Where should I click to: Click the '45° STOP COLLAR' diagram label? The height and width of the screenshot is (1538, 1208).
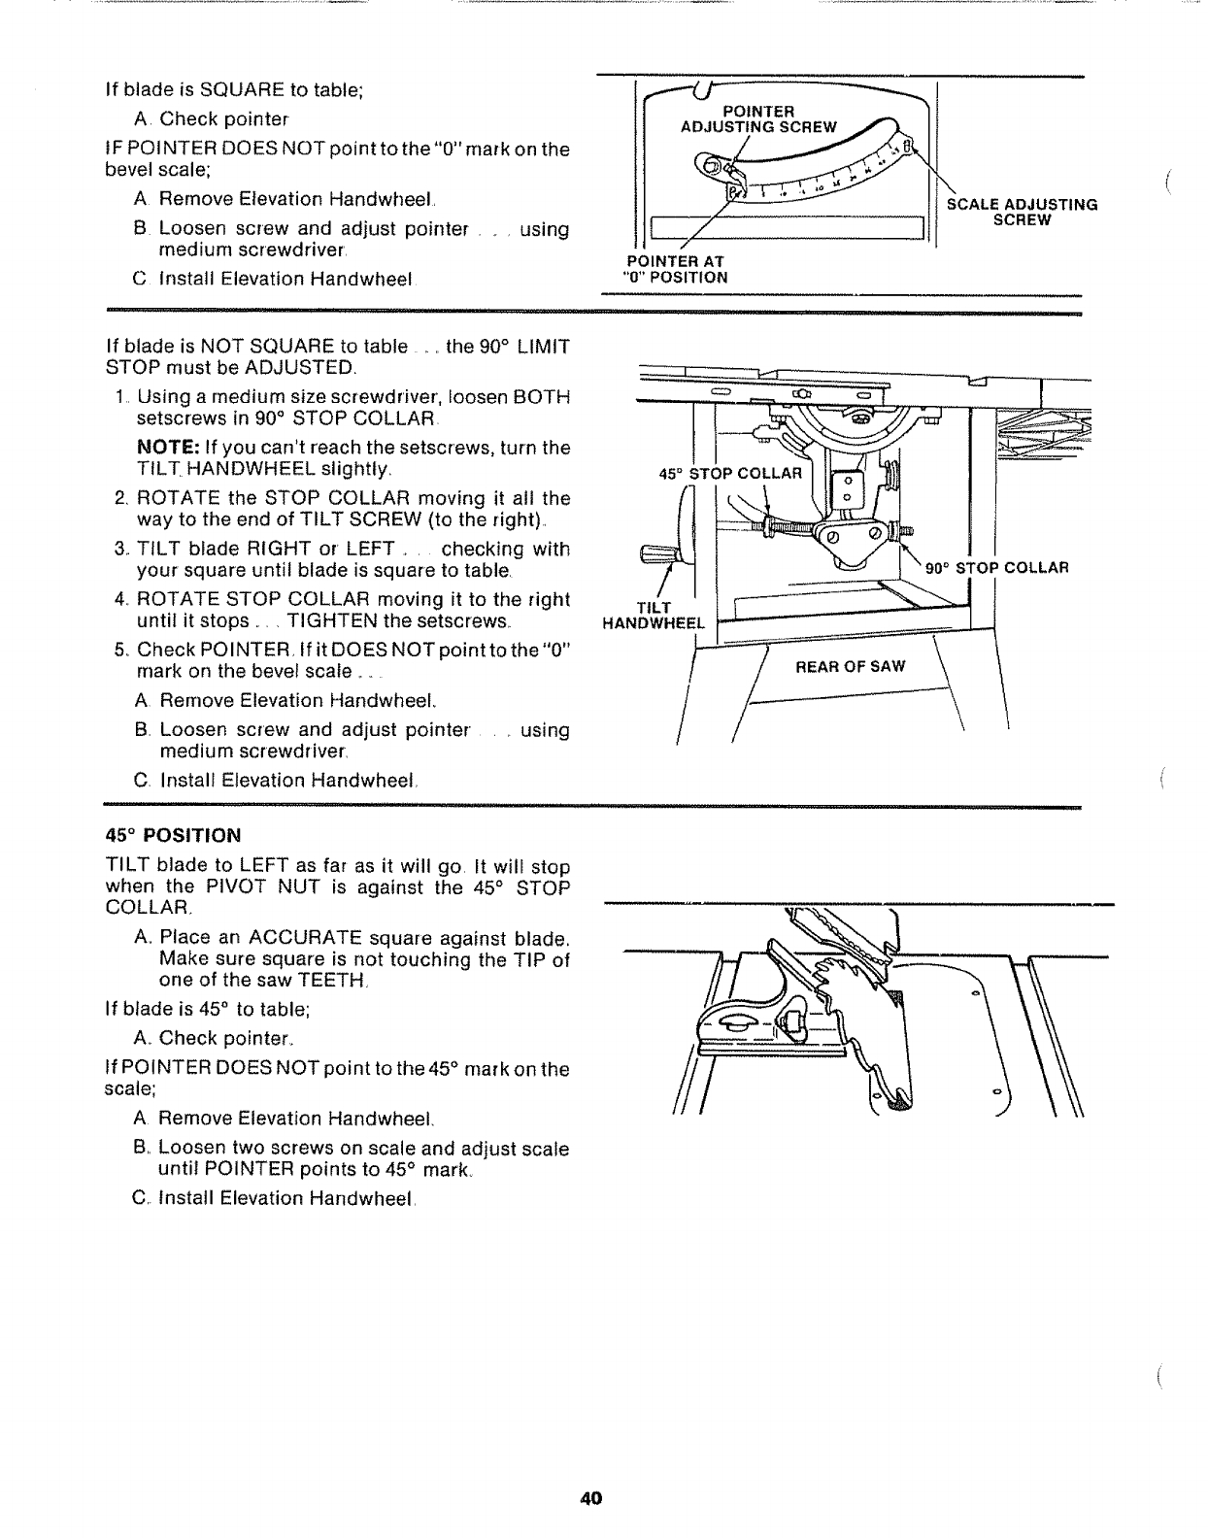click(x=730, y=474)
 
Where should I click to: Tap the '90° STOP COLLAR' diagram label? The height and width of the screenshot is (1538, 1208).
click(x=996, y=568)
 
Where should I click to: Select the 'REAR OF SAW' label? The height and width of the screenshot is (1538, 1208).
click(x=850, y=666)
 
